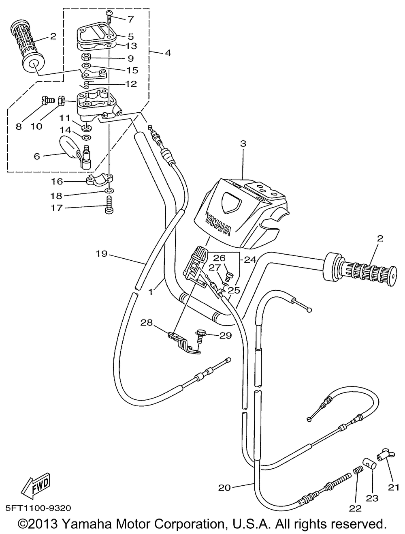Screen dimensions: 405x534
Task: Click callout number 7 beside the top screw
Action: click(x=131, y=19)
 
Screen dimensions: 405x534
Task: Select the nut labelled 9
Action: click(x=85, y=58)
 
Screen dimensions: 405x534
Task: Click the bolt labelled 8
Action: click(x=47, y=100)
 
